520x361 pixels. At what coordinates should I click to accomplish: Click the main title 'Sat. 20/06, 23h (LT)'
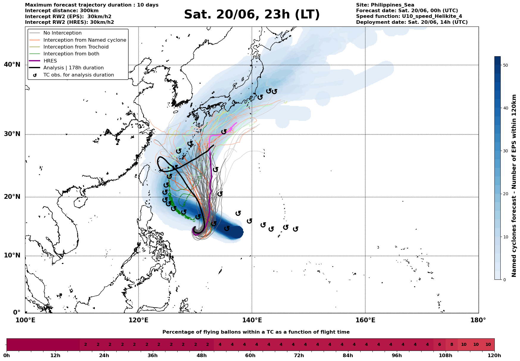(252, 15)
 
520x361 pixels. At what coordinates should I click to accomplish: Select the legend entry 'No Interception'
(62, 33)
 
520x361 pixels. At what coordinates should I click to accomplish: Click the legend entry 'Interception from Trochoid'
(76, 47)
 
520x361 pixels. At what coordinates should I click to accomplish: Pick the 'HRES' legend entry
(50, 61)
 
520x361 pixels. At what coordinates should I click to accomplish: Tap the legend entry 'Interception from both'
(71, 54)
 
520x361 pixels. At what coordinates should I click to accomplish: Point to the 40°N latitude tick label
(12, 65)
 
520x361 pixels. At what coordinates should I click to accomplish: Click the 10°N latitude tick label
(12, 256)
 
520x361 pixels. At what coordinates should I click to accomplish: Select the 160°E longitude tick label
(365, 320)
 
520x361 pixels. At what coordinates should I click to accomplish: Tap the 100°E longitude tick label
(25, 320)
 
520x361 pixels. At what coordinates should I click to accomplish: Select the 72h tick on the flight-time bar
(299, 356)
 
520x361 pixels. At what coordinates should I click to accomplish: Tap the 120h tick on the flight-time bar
(494, 356)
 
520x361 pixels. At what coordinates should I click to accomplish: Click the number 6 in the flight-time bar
(439, 345)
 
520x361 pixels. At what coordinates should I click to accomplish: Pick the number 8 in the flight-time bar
(452, 345)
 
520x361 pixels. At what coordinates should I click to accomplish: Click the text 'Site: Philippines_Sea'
(385, 5)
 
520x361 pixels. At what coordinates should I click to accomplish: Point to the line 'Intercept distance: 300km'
(62, 11)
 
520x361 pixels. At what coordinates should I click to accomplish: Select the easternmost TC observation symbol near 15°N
(295, 229)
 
